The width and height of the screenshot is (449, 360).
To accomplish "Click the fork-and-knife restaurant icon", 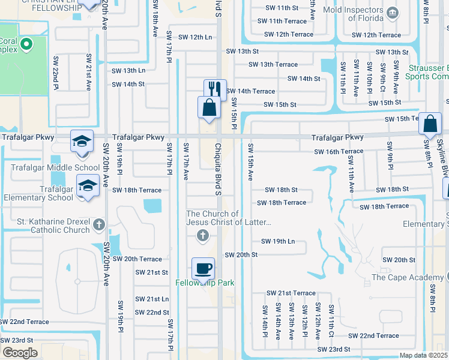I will tap(215, 89).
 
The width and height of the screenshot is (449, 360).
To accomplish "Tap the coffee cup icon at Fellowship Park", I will tap(203, 268).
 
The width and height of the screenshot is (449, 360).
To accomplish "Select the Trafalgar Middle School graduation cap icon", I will tap(82, 141).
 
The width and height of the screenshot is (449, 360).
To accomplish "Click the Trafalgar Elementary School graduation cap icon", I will tap(88, 185).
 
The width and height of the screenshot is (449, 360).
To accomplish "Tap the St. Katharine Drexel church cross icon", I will tap(100, 226).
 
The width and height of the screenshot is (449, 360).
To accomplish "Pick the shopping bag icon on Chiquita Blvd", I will tap(208, 108).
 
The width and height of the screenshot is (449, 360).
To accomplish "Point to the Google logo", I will tap(20, 352).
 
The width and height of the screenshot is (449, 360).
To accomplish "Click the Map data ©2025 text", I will tap(423, 355).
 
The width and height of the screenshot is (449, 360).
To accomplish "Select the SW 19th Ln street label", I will tap(278, 241).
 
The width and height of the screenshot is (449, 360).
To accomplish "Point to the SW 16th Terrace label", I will tap(339, 152).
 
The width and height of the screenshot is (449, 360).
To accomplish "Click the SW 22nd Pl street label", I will tap(56, 73).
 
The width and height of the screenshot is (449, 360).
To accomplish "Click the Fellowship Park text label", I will tap(205, 283).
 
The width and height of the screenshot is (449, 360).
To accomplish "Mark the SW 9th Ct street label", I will tap(382, 75).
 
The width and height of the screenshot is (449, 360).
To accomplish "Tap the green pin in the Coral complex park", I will tap(26, 44).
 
